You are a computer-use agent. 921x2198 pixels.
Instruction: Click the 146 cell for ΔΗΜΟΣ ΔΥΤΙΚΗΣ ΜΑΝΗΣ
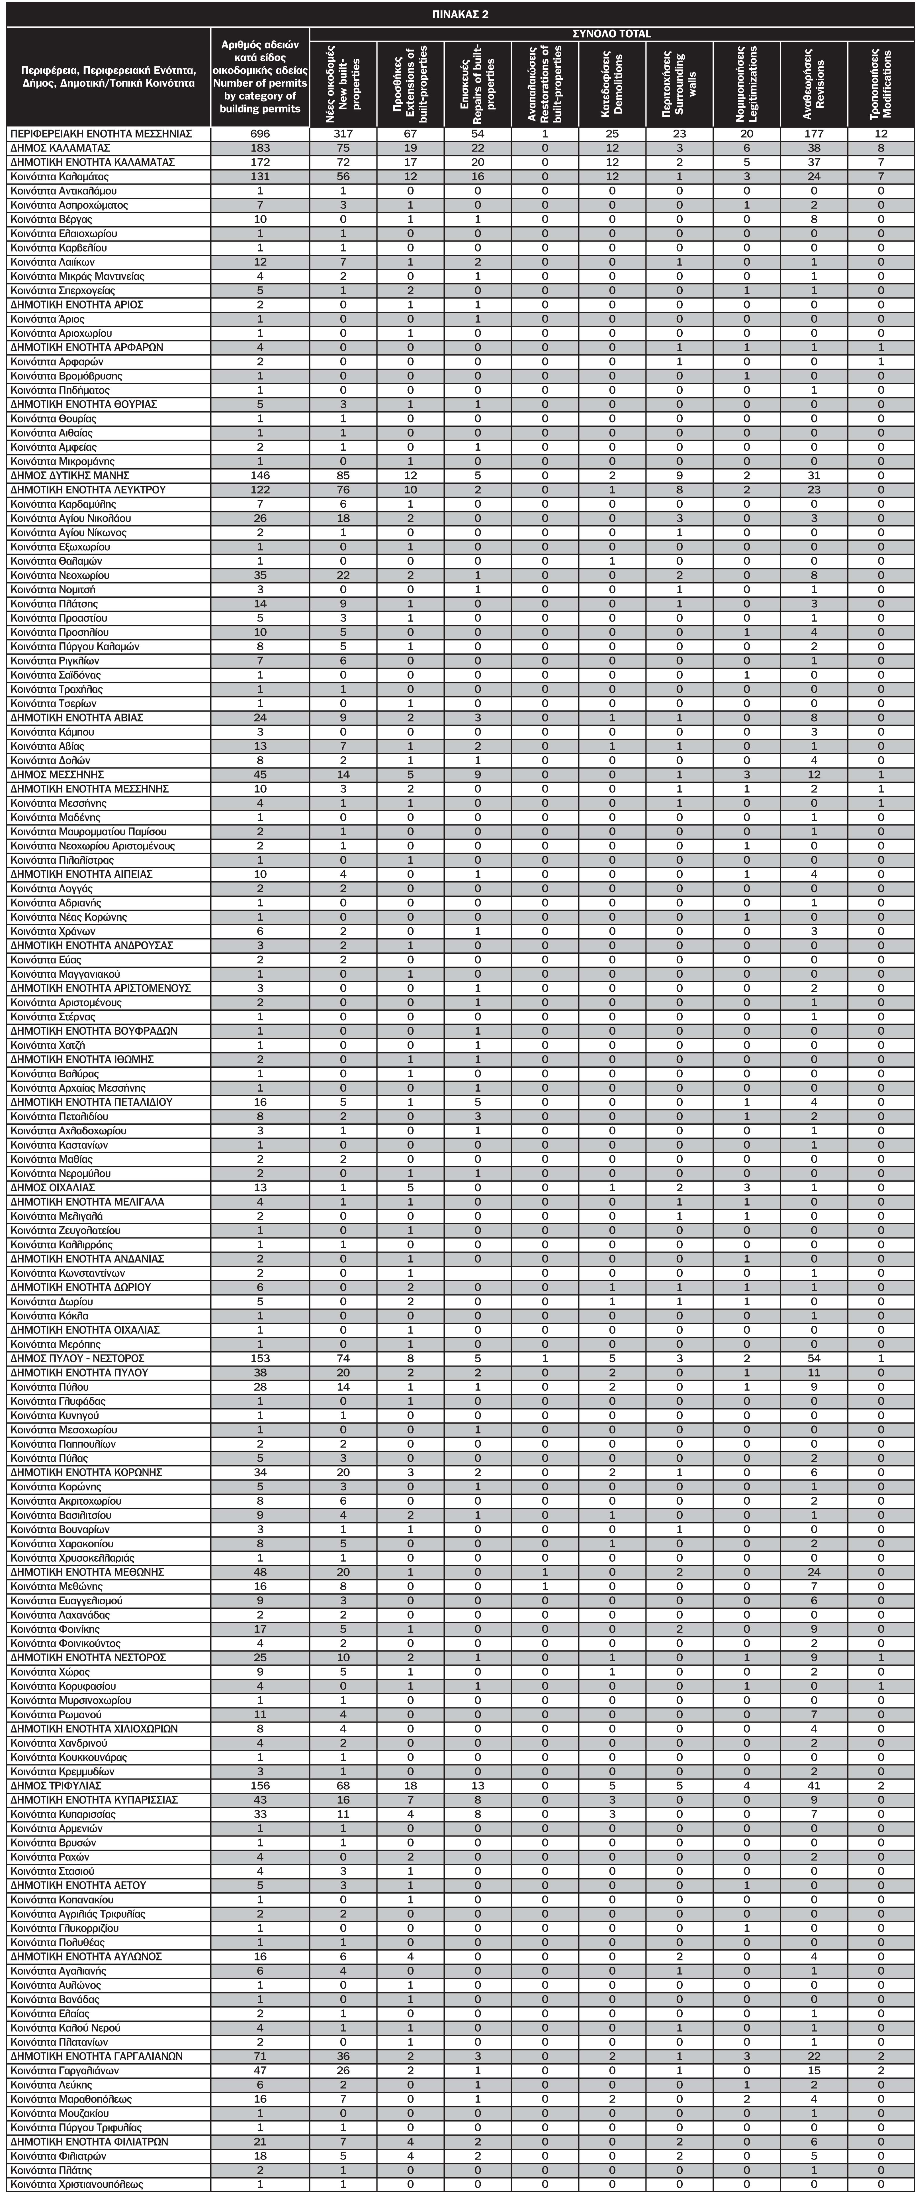point(260,475)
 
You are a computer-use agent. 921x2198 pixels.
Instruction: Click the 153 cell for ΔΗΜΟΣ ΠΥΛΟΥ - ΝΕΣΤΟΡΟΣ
point(260,1358)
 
